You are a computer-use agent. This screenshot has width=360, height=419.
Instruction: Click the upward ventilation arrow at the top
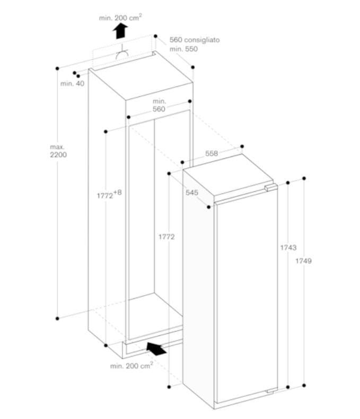[x=121, y=31]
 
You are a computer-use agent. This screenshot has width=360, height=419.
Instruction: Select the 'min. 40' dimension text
[x=72, y=84]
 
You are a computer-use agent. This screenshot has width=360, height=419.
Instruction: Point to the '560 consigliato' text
[x=194, y=40]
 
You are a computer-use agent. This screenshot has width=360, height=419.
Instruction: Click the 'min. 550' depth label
[x=183, y=49]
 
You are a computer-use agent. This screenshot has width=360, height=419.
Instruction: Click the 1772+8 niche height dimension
[x=109, y=195]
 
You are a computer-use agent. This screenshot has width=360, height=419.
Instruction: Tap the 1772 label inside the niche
[x=166, y=237]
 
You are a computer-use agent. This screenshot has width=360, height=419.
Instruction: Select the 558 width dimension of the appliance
[x=212, y=154]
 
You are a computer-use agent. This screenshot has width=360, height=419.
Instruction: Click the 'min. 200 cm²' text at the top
[x=120, y=17]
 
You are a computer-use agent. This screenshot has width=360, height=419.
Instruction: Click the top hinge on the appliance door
[x=270, y=187]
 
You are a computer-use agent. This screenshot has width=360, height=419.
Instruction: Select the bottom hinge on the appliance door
[x=270, y=391]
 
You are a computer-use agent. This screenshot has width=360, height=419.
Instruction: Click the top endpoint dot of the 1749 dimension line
[x=304, y=179]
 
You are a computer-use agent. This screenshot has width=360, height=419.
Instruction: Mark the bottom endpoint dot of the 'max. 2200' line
[x=57, y=318]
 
